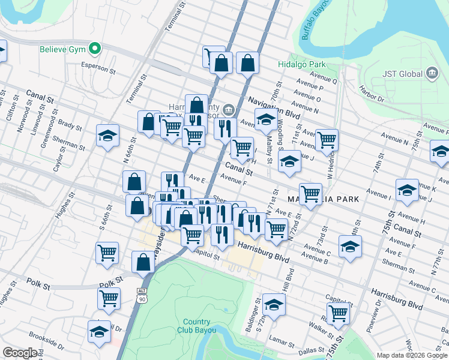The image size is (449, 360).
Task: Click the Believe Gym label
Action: [62, 49]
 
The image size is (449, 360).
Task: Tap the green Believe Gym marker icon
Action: [94, 49]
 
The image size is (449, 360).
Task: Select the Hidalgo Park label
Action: [293, 64]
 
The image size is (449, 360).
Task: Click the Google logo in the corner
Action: [20, 353]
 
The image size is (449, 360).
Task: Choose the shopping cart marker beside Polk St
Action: [109, 298]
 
